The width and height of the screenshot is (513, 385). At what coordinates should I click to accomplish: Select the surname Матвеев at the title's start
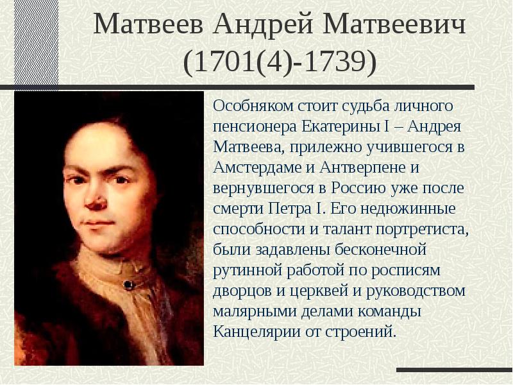(x=148, y=24)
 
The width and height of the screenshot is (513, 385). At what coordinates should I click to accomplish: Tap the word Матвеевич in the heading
(x=394, y=24)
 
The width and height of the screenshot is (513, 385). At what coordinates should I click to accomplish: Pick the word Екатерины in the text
(x=339, y=126)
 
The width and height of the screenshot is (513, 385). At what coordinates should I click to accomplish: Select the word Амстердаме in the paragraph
(x=258, y=167)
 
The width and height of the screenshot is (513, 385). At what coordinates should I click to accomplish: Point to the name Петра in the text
(x=290, y=209)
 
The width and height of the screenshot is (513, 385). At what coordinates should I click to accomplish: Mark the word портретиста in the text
(x=422, y=230)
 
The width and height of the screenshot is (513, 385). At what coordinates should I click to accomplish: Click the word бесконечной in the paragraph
(x=380, y=250)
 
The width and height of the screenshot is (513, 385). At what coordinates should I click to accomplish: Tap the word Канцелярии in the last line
(x=257, y=332)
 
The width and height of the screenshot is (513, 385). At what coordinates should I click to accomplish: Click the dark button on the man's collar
(x=129, y=285)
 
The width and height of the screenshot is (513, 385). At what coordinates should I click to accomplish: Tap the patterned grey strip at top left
(x=37, y=42)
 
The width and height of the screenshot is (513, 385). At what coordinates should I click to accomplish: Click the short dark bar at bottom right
(x=455, y=370)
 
